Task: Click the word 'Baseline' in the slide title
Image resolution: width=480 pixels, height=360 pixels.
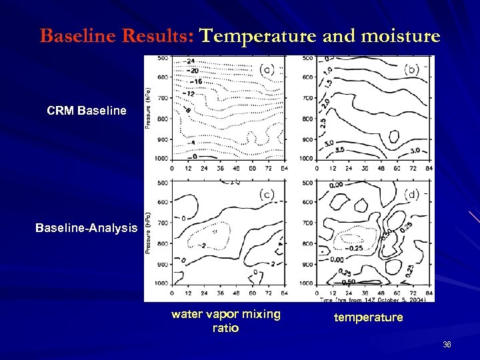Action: (x=70, y=35)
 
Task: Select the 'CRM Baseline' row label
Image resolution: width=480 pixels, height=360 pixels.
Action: (x=87, y=109)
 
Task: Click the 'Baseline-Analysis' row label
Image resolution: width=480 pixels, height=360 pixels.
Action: (x=87, y=228)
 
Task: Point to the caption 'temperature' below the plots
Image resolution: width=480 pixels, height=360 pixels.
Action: (x=369, y=317)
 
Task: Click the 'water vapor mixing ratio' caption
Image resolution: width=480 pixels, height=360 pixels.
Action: (x=226, y=321)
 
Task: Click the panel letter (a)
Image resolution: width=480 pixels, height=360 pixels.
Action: (x=266, y=69)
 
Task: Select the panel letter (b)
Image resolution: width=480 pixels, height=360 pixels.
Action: (x=412, y=69)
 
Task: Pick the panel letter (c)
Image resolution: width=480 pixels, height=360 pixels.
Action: (x=266, y=194)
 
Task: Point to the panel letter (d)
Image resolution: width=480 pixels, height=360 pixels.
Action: (x=412, y=194)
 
